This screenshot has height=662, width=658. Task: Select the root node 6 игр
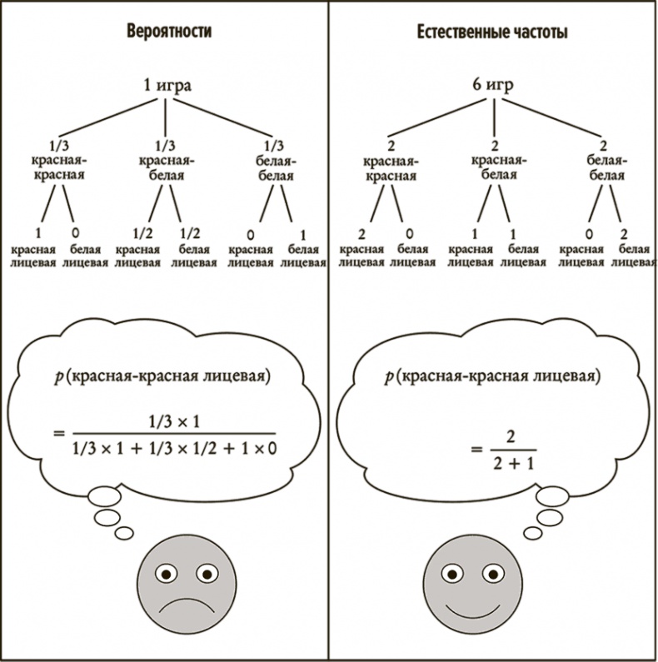[491, 85]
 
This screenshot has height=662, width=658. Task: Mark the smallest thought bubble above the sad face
[124, 532]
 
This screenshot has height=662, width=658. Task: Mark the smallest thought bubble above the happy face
[531, 532]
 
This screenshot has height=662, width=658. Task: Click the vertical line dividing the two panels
[329, 333]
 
